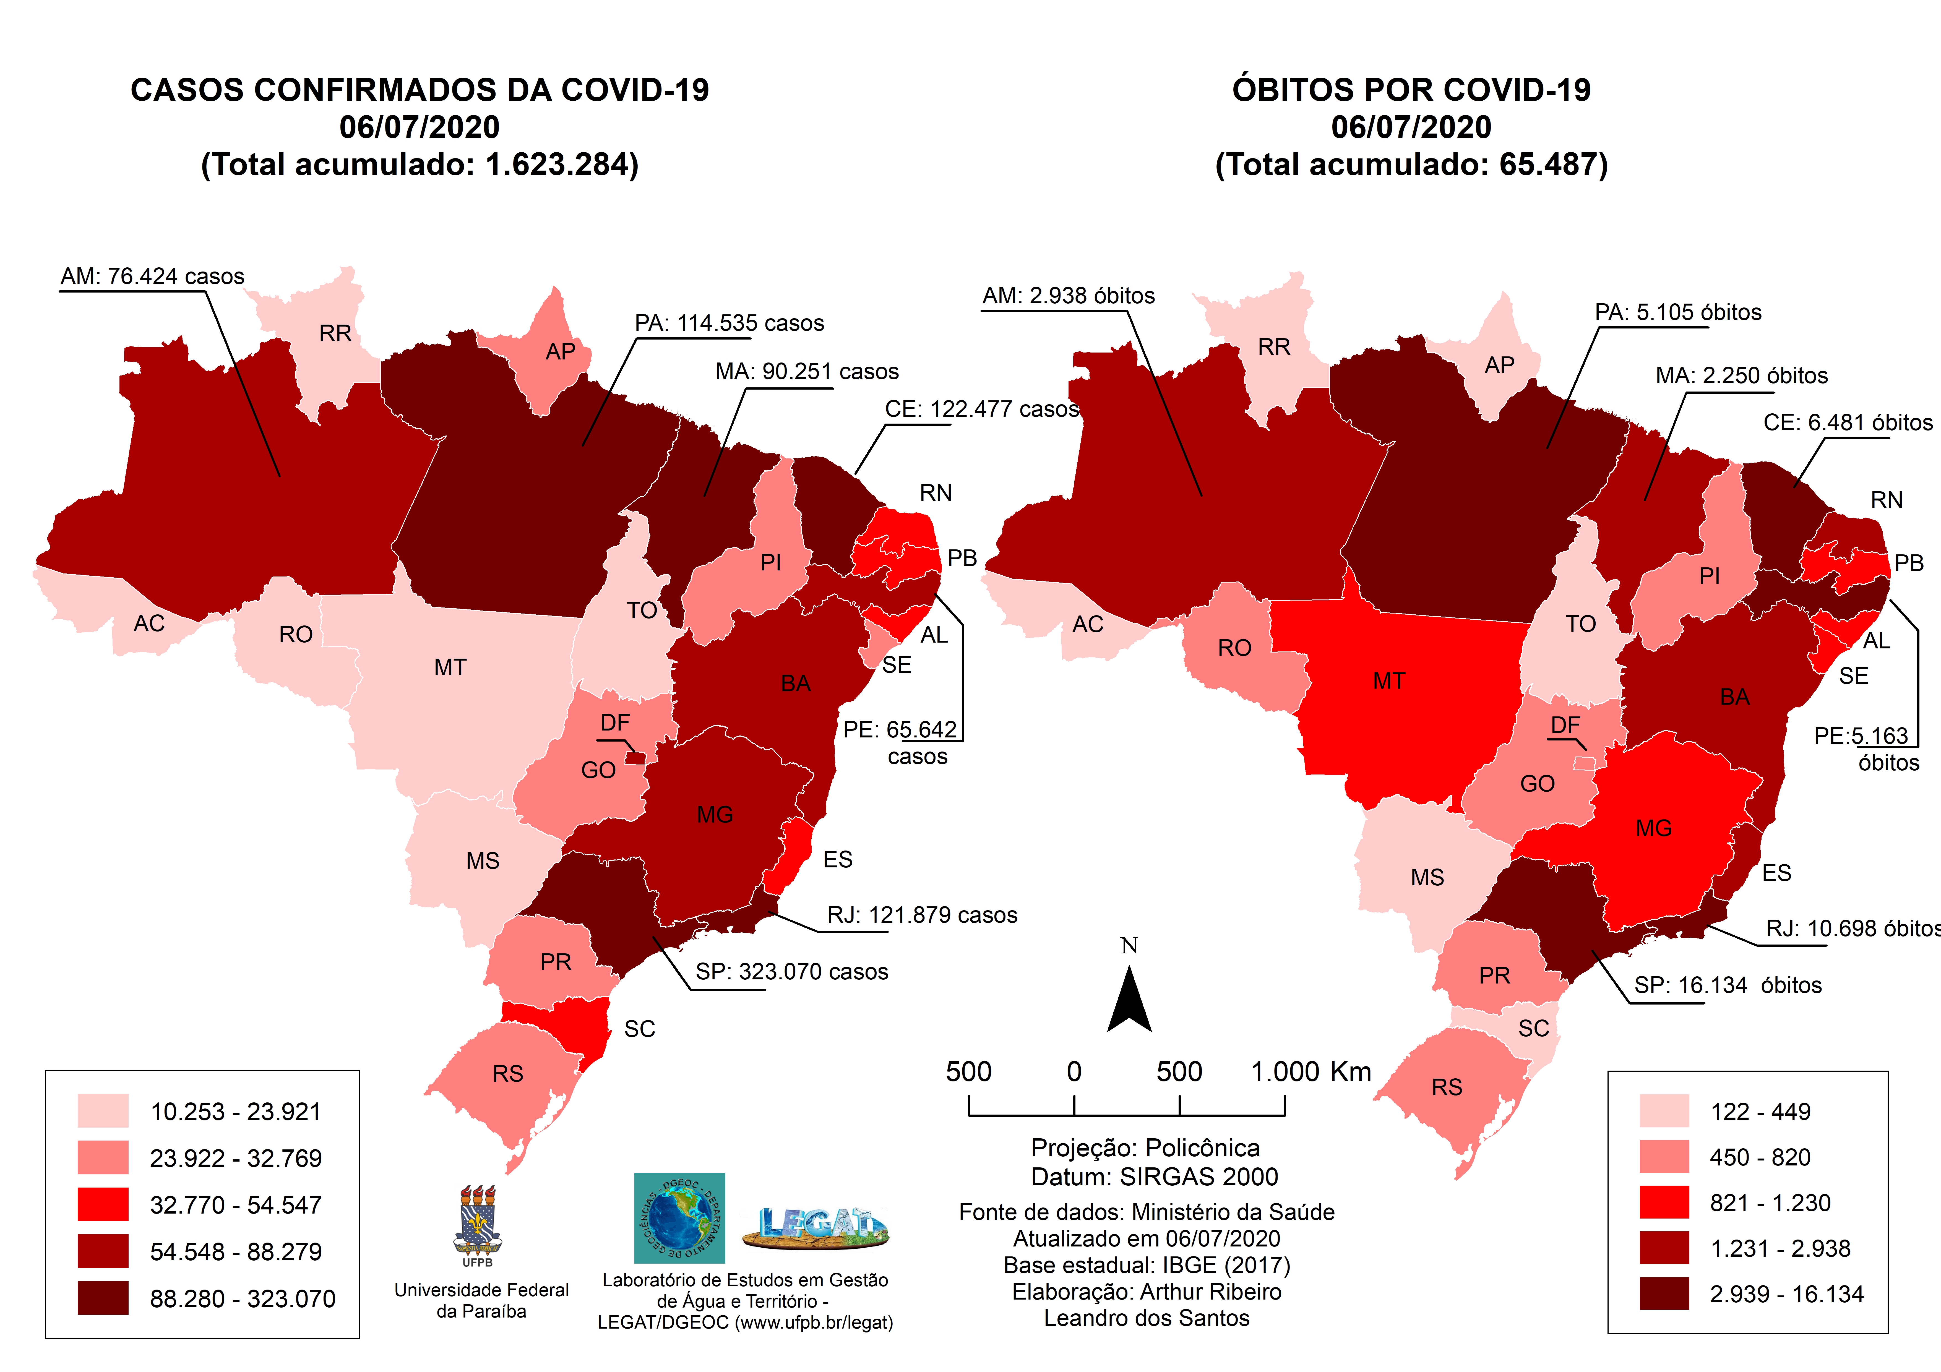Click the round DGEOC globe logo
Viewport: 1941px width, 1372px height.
(x=680, y=1217)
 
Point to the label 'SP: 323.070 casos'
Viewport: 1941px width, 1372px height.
(x=791, y=972)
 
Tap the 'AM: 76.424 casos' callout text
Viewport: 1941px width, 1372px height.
(x=152, y=277)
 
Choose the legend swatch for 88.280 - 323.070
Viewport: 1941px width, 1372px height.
(x=103, y=1298)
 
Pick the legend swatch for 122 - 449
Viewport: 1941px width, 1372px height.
(x=1664, y=1111)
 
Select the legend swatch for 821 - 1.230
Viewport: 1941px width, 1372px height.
(x=1664, y=1202)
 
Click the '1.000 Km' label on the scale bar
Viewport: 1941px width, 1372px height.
(x=1310, y=1072)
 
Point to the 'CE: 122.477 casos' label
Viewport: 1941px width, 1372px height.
(x=981, y=409)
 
